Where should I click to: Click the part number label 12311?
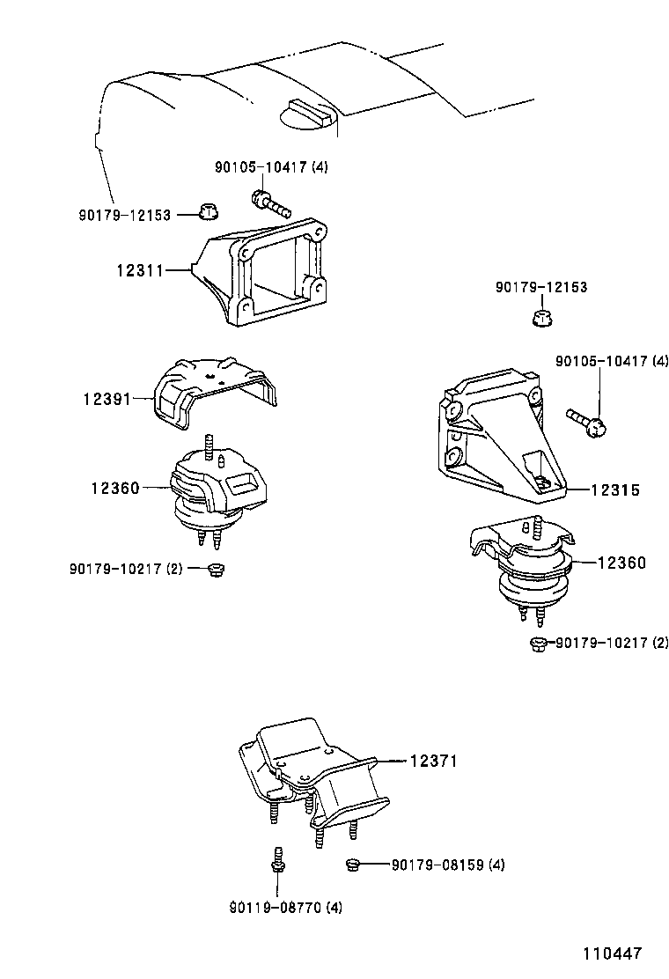[x=139, y=270]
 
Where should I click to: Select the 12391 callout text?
[x=107, y=399]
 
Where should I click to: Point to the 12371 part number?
[x=433, y=762]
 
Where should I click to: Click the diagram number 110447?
[x=611, y=953]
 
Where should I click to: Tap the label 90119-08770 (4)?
[x=285, y=908]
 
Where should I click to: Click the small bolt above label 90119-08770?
[x=276, y=860]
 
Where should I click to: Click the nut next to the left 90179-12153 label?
[x=208, y=212]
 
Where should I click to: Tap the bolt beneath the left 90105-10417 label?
[x=269, y=203]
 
